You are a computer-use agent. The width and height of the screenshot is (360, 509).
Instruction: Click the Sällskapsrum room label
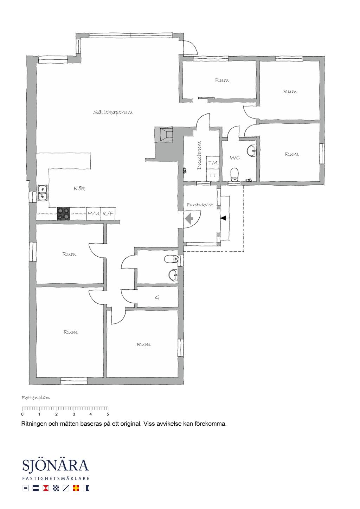(113, 112)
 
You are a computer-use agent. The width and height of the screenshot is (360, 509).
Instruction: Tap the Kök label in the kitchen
(79, 188)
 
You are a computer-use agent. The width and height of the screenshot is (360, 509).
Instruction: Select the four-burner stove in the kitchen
(63, 214)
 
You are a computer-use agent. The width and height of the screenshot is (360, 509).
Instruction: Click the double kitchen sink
(42, 193)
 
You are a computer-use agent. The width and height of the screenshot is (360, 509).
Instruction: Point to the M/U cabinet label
(94, 214)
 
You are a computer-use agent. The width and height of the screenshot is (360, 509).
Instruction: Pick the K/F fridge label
(108, 214)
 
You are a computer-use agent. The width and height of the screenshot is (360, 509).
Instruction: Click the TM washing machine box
(213, 162)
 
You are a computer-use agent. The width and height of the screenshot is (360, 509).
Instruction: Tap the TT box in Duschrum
(213, 175)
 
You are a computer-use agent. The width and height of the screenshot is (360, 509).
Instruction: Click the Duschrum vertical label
(199, 155)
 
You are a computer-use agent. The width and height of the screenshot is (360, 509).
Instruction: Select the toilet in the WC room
(234, 174)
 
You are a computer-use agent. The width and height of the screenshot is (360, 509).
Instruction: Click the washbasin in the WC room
(251, 150)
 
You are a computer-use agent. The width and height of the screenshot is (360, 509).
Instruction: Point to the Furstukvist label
(200, 205)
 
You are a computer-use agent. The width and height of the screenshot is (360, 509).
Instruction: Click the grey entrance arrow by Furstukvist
(189, 219)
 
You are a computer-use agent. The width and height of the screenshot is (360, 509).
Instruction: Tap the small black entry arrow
(223, 218)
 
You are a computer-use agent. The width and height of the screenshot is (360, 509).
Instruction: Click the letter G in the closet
(157, 297)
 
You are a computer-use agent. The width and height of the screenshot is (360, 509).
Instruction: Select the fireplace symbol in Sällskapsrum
(163, 134)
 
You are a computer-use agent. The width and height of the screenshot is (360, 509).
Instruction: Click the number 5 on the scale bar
(108, 414)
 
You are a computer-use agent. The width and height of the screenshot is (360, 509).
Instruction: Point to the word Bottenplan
(36, 398)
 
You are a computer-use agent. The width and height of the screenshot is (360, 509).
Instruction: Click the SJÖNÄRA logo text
(56, 465)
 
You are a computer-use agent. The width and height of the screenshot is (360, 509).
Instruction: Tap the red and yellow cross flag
(76, 488)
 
